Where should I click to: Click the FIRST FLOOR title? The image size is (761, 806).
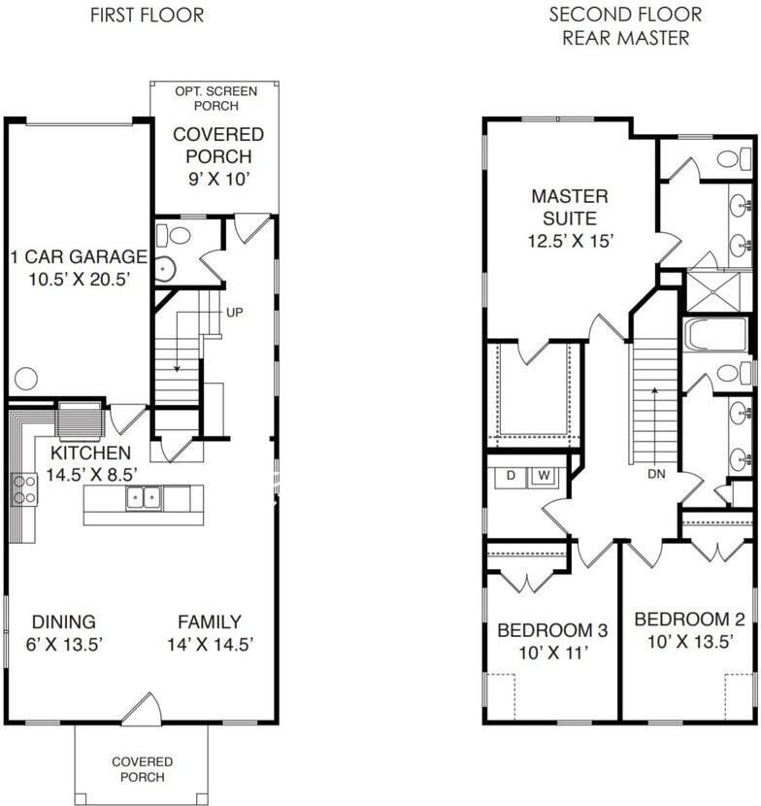tap(147, 15)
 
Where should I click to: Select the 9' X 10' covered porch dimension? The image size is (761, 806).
tap(219, 178)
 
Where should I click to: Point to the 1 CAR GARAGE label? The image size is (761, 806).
tap(79, 256)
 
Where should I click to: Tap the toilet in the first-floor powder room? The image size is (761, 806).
tap(179, 235)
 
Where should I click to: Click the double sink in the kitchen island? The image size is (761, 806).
tap(143, 498)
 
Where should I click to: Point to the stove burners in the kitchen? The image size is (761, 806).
tap(22, 489)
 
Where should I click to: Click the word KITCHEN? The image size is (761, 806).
tap(90, 453)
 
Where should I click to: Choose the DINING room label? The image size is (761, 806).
tap(64, 621)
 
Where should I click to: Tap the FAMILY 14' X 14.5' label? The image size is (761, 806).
tap(210, 632)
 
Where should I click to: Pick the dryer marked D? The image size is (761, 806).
tap(512, 476)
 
